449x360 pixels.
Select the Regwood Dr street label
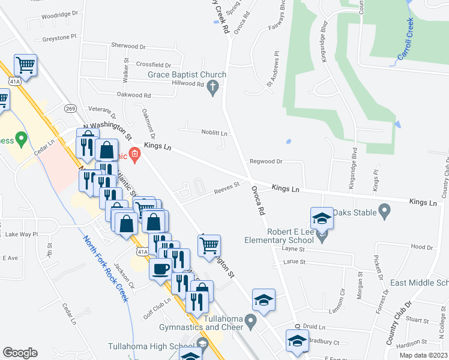(267, 161)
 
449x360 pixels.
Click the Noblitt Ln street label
(214, 133)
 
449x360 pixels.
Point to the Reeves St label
(226, 188)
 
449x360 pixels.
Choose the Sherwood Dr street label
(128, 46)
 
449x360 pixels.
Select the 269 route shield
(71, 108)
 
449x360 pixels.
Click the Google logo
(20, 353)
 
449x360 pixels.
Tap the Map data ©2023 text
(415, 355)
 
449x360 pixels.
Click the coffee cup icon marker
(160, 269)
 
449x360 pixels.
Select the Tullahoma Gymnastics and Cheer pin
(252, 327)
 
